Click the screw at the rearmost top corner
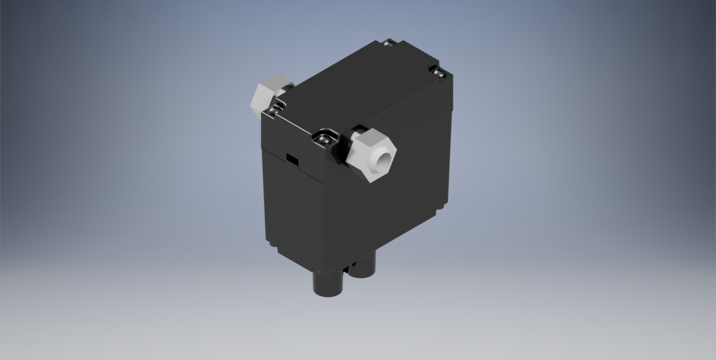pyautogui.click(x=390, y=43)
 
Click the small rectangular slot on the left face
pyautogui.click(x=292, y=159)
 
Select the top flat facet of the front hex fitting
pyautogui.click(x=370, y=138)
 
